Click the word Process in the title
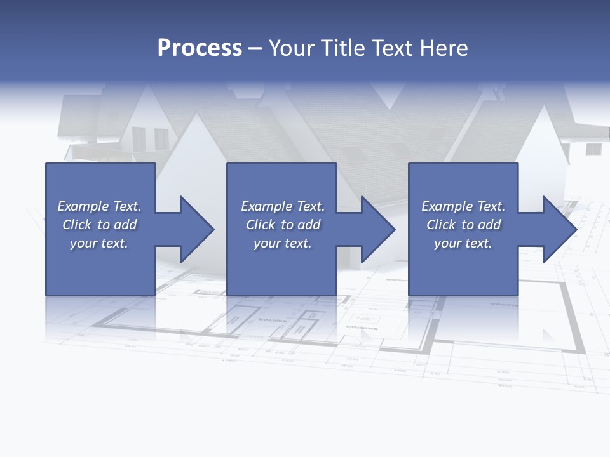coord(200,48)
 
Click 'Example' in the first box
coord(83,206)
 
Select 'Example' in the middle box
coord(266,206)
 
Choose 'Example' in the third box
coord(447,206)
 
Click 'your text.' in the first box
coord(99,243)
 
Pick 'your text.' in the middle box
coord(283,243)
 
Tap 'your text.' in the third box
coord(463,243)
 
